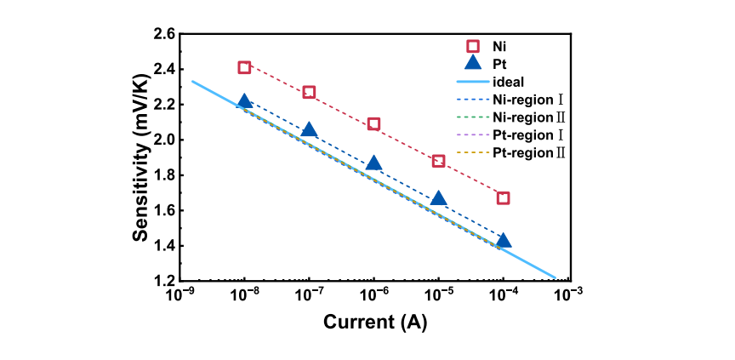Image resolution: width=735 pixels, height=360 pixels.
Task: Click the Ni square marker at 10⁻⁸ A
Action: click(x=244, y=67)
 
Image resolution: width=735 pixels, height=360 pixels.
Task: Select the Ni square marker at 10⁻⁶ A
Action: click(x=373, y=124)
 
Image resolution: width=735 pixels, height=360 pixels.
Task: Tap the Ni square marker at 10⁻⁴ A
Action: click(x=503, y=198)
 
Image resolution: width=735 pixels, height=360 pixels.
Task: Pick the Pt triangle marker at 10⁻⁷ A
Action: click(x=309, y=130)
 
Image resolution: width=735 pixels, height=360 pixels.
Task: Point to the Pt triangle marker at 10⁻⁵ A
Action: click(x=438, y=199)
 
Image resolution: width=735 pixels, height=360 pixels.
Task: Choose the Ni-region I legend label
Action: click(x=529, y=100)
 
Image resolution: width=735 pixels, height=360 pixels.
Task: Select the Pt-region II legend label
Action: click(x=529, y=153)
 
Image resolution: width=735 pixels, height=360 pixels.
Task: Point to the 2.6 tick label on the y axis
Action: click(x=164, y=34)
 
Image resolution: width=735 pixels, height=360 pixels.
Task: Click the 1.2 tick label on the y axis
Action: click(x=164, y=281)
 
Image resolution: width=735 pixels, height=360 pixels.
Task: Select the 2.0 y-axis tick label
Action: click(x=164, y=140)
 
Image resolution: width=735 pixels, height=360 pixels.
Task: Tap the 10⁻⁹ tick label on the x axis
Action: click(x=179, y=295)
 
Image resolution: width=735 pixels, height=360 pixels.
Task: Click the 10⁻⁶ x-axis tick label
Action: click(x=373, y=295)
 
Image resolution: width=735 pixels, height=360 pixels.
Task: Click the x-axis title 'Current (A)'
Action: click(x=374, y=323)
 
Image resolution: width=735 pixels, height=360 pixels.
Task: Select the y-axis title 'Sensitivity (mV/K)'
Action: click(x=141, y=157)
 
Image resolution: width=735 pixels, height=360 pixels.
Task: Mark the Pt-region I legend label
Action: click(x=529, y=135)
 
